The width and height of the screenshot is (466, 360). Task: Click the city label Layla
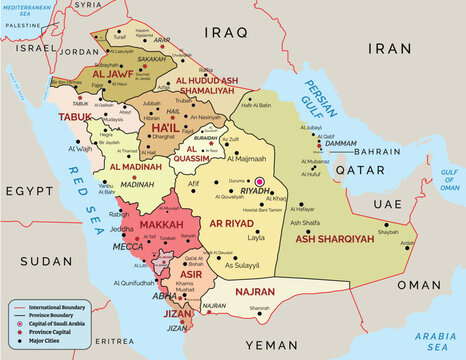click(256, 239)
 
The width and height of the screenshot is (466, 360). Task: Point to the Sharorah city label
click(260, 308)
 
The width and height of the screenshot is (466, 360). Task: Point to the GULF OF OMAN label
click(448, 179)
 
